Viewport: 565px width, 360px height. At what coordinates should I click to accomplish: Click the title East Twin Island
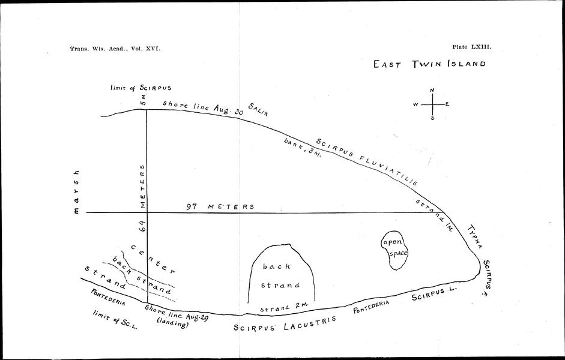[429, 64]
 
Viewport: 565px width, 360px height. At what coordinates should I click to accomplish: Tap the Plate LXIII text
[472, 47]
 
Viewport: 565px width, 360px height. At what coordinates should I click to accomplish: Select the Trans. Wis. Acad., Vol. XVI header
[115, 49]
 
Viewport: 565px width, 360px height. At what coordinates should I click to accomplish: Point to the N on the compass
[432, 90]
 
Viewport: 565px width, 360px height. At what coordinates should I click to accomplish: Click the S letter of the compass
[432, 118]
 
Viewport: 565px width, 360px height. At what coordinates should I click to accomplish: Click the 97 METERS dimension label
[220, 206]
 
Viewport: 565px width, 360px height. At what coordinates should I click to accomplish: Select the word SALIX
[258, 109]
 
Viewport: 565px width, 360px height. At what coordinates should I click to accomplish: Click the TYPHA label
[475, 236]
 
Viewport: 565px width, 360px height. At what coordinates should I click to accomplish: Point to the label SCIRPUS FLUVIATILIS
[367, 161]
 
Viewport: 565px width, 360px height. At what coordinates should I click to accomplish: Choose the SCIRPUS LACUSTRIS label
[285, 323]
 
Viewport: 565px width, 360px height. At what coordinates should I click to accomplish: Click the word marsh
[76, 192]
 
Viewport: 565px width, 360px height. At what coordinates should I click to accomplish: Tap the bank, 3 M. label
[303, 148]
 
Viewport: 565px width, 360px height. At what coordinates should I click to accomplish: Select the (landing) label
[172, 323]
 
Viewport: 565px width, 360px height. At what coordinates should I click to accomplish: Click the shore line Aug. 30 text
[203, 107]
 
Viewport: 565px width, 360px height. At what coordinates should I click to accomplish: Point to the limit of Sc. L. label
[115, 320]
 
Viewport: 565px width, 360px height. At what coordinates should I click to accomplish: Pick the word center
[153, 259]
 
